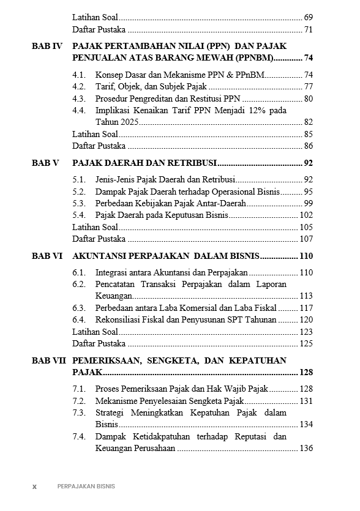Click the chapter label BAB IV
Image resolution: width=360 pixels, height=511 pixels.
tap(47, 46)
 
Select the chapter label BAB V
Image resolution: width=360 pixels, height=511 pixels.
tap(45, 163)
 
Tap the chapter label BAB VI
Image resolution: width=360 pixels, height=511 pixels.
tap(47, 256)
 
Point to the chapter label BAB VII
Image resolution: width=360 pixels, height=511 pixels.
tap(48, 360)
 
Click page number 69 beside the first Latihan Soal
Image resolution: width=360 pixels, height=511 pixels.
tap(308, 17)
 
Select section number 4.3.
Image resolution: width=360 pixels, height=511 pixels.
tap(78, 98)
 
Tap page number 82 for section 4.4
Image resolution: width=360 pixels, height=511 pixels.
tap(308, 122)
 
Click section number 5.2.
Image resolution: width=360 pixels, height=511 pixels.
tap(78, 192)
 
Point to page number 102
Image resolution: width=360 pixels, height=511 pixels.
tap(306, 215)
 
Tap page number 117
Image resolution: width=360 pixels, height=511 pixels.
tap(306, 308)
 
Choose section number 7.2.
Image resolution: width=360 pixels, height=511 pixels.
tap(78, 401)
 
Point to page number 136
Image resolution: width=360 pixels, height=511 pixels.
tap(306, 448)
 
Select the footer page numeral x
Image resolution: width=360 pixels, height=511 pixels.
tap(34, 487)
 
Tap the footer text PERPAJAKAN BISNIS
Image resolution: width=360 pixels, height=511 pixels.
tap(86, 487)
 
